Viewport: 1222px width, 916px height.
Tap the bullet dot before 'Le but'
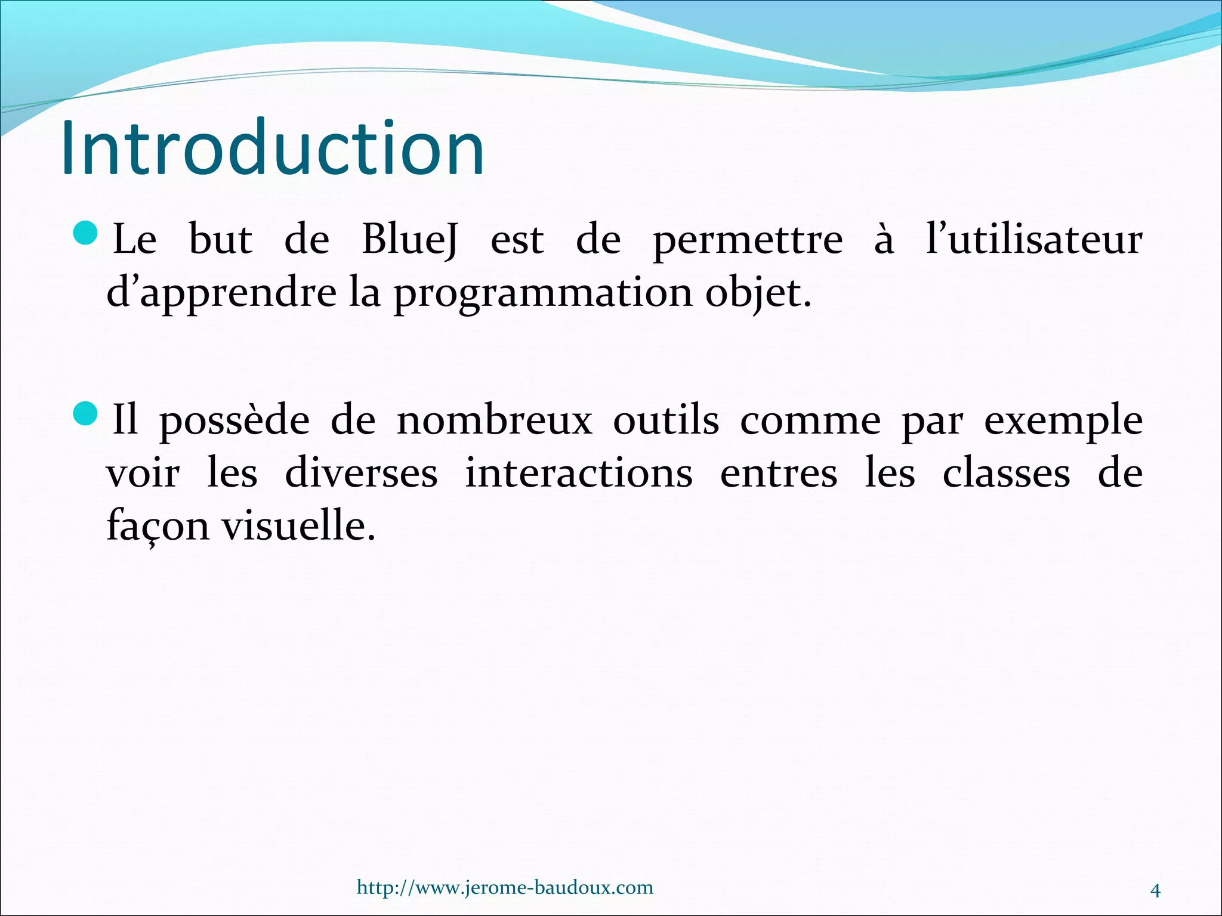[x=87, y=233]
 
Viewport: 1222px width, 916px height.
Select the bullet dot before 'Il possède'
[x=87, y=413]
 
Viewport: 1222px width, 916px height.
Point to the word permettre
[x=748, y=242]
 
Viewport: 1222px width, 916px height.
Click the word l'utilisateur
[x=1034, y=239]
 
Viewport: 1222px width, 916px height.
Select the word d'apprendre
[x=221, y=293]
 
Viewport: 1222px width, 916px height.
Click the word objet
[x=758, y=293]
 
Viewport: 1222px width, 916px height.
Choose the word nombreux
[x=495, y=420]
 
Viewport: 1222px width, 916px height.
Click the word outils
[x=666, y=420]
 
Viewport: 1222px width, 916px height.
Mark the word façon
[x=158, y=527]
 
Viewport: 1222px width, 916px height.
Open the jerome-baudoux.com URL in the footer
[x=505, y=887]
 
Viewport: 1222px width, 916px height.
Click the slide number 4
[x=1155, y=891]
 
